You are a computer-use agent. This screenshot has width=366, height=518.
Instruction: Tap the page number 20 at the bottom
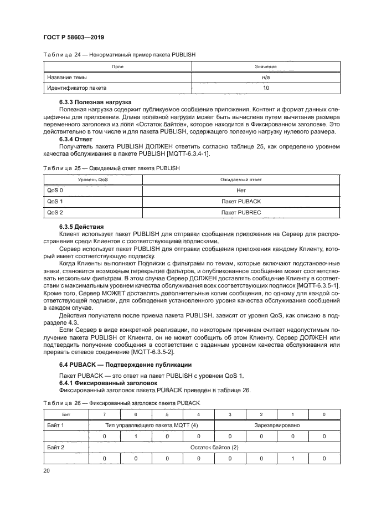[x=47, y=470]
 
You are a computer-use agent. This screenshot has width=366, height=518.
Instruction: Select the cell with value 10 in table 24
[x=266, y=88]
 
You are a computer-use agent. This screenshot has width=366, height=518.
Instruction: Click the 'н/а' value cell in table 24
[x=266, y=77]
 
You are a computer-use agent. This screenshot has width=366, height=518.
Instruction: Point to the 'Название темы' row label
[x=66, y=77]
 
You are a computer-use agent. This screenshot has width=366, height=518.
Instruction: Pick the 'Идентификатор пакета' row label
[x=76, y=88]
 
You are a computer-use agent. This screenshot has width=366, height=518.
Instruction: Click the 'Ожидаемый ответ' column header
[x=241, y=179]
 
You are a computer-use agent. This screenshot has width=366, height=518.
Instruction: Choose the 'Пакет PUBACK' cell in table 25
[x=241, y=201]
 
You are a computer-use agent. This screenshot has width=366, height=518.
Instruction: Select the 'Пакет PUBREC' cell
[x=241, y=212]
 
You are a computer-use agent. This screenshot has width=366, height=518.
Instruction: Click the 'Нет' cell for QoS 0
[x=241, y=190]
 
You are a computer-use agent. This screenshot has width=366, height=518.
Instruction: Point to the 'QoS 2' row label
[x=55, y=212]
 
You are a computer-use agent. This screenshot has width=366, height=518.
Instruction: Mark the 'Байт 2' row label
[x=55, y=447]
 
